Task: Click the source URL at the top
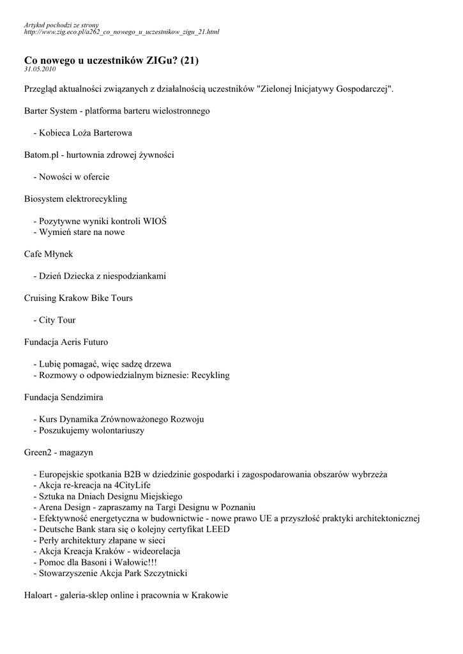pyautogui.click(x=121, y=31)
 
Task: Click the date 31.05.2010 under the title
pyautogui.click(x=40, y=69)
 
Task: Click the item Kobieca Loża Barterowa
pyautogui.click(x=86, y=133)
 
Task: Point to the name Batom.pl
pyautogui.click(x=41, y=155)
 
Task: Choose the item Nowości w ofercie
pyautogui.click(x=74, y=177)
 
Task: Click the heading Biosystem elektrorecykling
pyautogui.click(x=75, y=199)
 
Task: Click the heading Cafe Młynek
pyautogui.click(x=49, y=254)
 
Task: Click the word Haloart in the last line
pyautogui.click(x=38, y=596)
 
